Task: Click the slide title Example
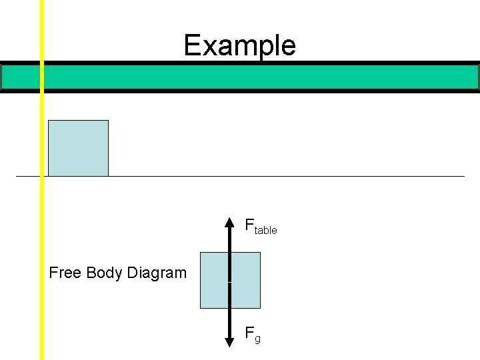pyautogui.click(x=239, y=45)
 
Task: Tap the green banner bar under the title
pyautogui.click(x=260, y=77)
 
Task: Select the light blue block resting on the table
pyautogui.click(x=78, y=148)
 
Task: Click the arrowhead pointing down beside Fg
pyautogui.click(x=229, y=341)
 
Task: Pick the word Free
pyautogui.click(x=65, y=273)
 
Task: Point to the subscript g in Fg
pyautogui.click(x=257, y=339)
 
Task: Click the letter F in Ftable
pyautogui.click(x=249, y=225)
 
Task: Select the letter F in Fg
pyautogui.click(x=249, y=332)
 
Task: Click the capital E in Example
pyautogui.click(x=192, y=45)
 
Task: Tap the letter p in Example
pyautogui.click(x=260, y=48)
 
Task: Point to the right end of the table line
pyautogui.click(x=463, y=176)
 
